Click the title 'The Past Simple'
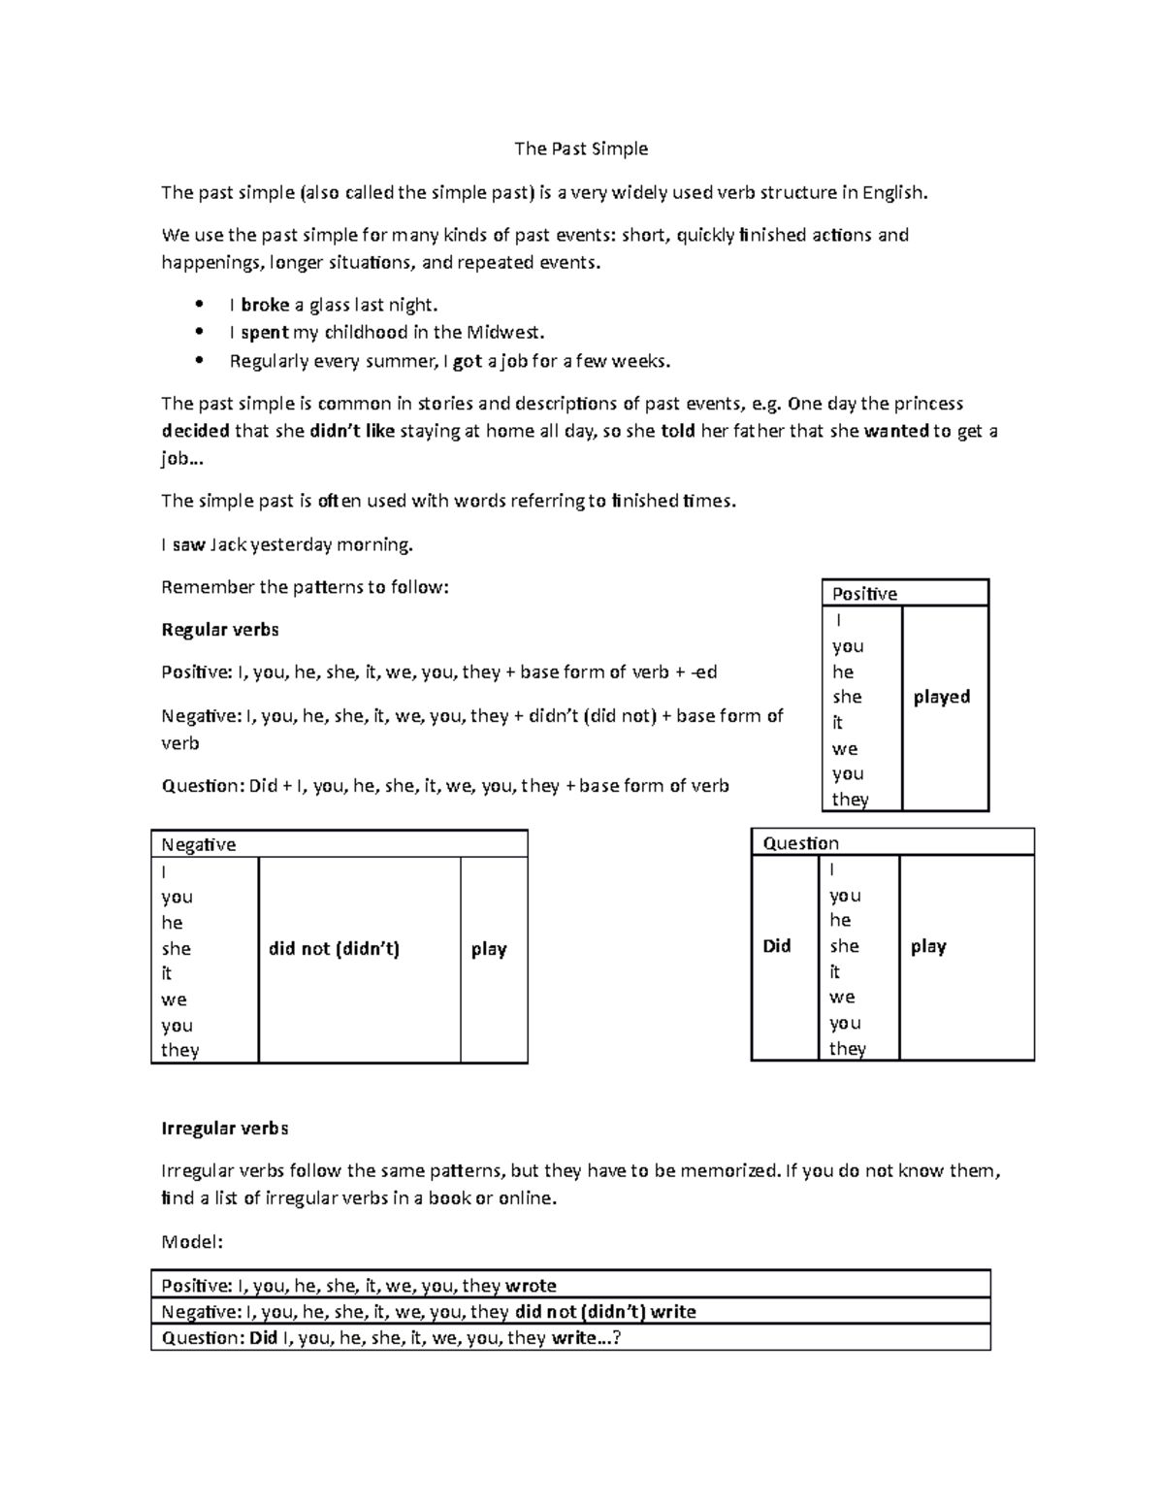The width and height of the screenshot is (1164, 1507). pos(580,148)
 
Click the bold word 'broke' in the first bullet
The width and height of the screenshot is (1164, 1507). pos(265,305)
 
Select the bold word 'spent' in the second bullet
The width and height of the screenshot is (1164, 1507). pos(264,333)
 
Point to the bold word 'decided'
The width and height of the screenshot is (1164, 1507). pos(195,431)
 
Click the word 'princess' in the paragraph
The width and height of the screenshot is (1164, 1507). pos(928,404)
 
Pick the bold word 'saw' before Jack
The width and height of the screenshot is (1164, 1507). pos(188,544)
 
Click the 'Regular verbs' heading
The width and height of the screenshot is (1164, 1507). pos(219,630)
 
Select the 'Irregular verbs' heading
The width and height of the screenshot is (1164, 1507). pos(224,1129)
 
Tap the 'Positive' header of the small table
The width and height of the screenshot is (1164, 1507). pos(864,594)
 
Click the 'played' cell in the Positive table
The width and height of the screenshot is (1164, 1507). pos(941,697)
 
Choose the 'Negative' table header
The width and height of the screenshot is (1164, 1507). pos(199,844)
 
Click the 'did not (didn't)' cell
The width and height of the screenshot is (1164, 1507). pos(334,949)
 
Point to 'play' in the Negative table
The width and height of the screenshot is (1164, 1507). pos(489,949)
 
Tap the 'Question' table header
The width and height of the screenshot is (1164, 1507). pos(800,843)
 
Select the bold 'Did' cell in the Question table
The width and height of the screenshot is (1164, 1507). pos(777,946)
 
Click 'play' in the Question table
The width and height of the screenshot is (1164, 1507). pos(928,946)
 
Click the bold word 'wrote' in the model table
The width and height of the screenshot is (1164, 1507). pos(531,1286)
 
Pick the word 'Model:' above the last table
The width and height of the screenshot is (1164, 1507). pos(192,1242)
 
